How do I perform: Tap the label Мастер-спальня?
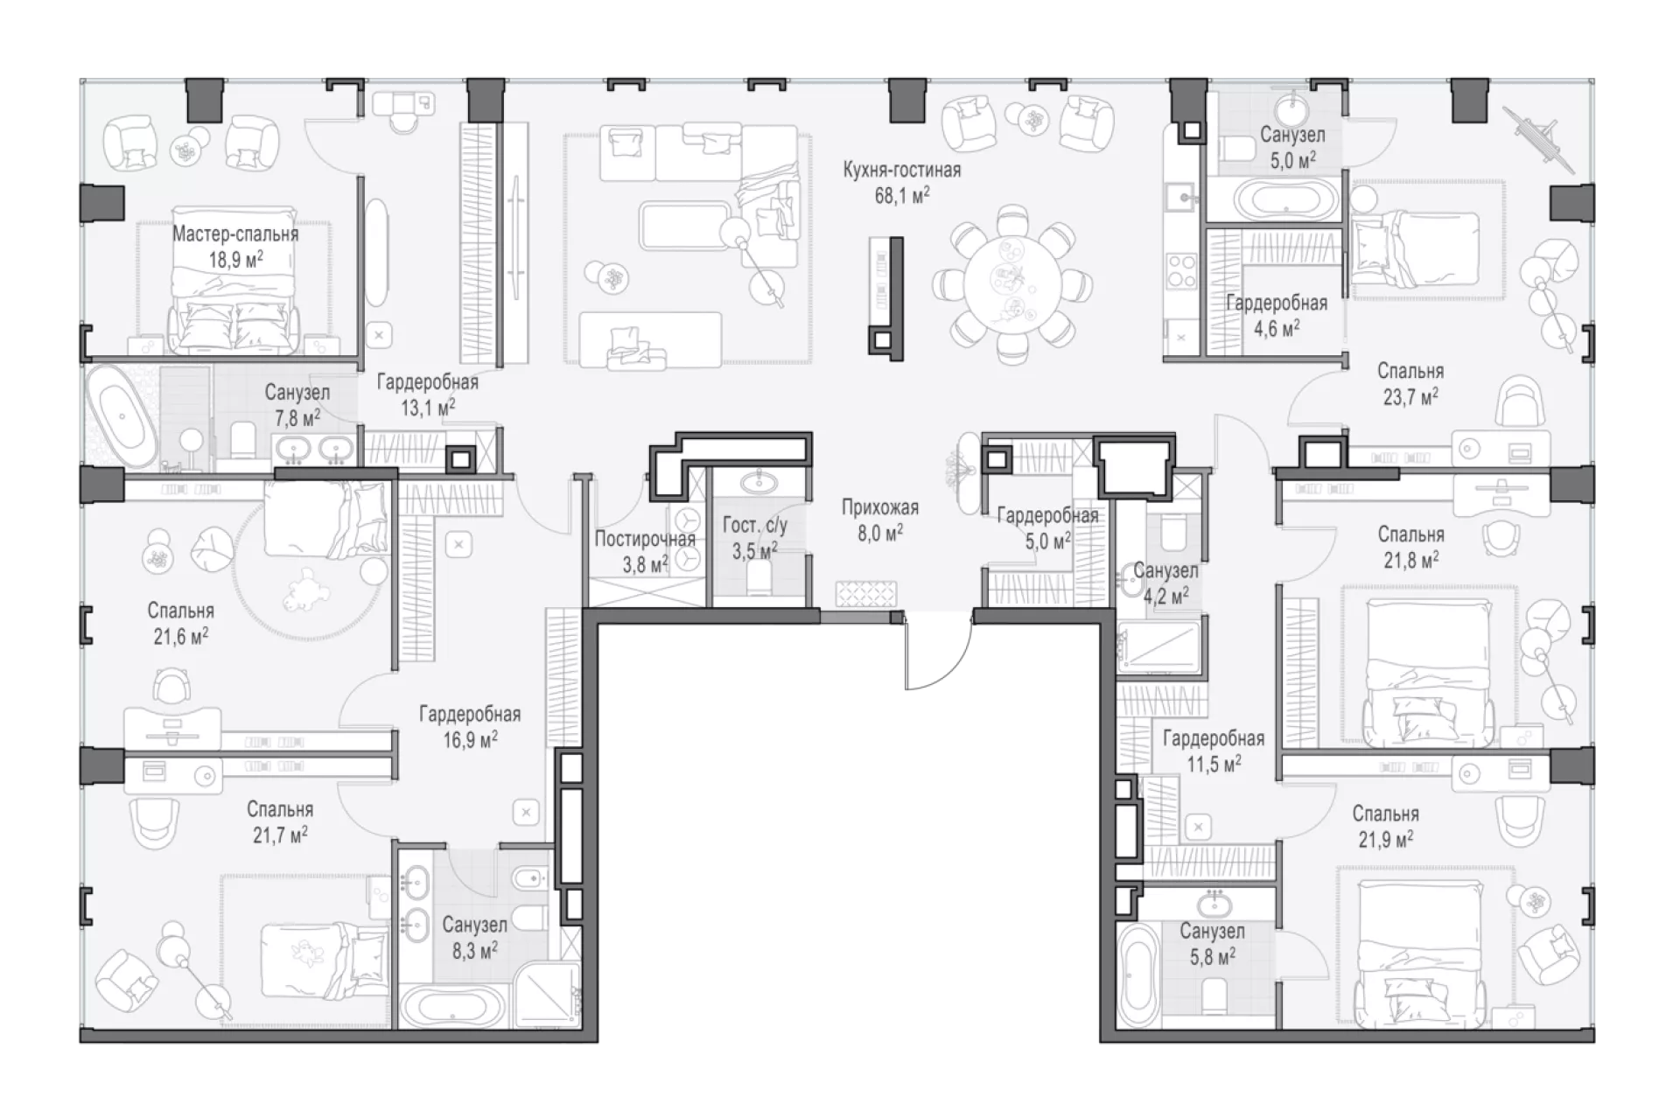pos(235,234)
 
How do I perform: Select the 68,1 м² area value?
pos(902,195)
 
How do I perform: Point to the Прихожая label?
pos(880,507)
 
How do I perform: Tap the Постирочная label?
pos(646,539)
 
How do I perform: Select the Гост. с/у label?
pos(754,525)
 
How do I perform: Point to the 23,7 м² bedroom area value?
pos(1410,397)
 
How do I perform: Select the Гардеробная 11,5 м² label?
pos(1214,751)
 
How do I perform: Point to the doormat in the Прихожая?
pos(866,594)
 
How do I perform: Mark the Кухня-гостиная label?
pos(902,170)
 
